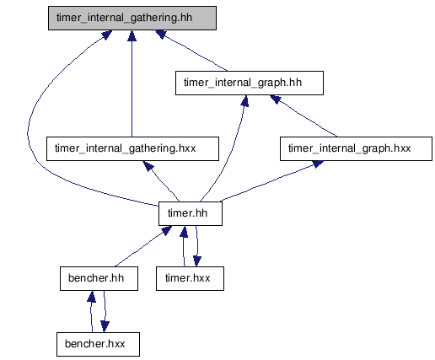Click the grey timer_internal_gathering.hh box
(132, 18)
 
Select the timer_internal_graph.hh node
(250, 83)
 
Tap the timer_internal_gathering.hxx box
(132, 148)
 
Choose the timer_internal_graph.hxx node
(356, 148)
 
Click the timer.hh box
(191, 213)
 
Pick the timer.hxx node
(190, 278)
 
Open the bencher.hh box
(99, 278)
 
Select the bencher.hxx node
(98, 344)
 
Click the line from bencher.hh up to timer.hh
(138, 250)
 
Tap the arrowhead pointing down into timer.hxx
(197, 261)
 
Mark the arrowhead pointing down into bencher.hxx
(105, 327)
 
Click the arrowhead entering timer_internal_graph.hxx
(318, 164)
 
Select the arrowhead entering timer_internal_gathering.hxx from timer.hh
(148, 166)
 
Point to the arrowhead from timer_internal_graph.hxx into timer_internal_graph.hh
(275, 99)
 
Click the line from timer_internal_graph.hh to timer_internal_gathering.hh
(194, 52)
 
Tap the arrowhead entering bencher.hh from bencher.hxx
(91, 297)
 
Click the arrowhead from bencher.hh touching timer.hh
(166, 230)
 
